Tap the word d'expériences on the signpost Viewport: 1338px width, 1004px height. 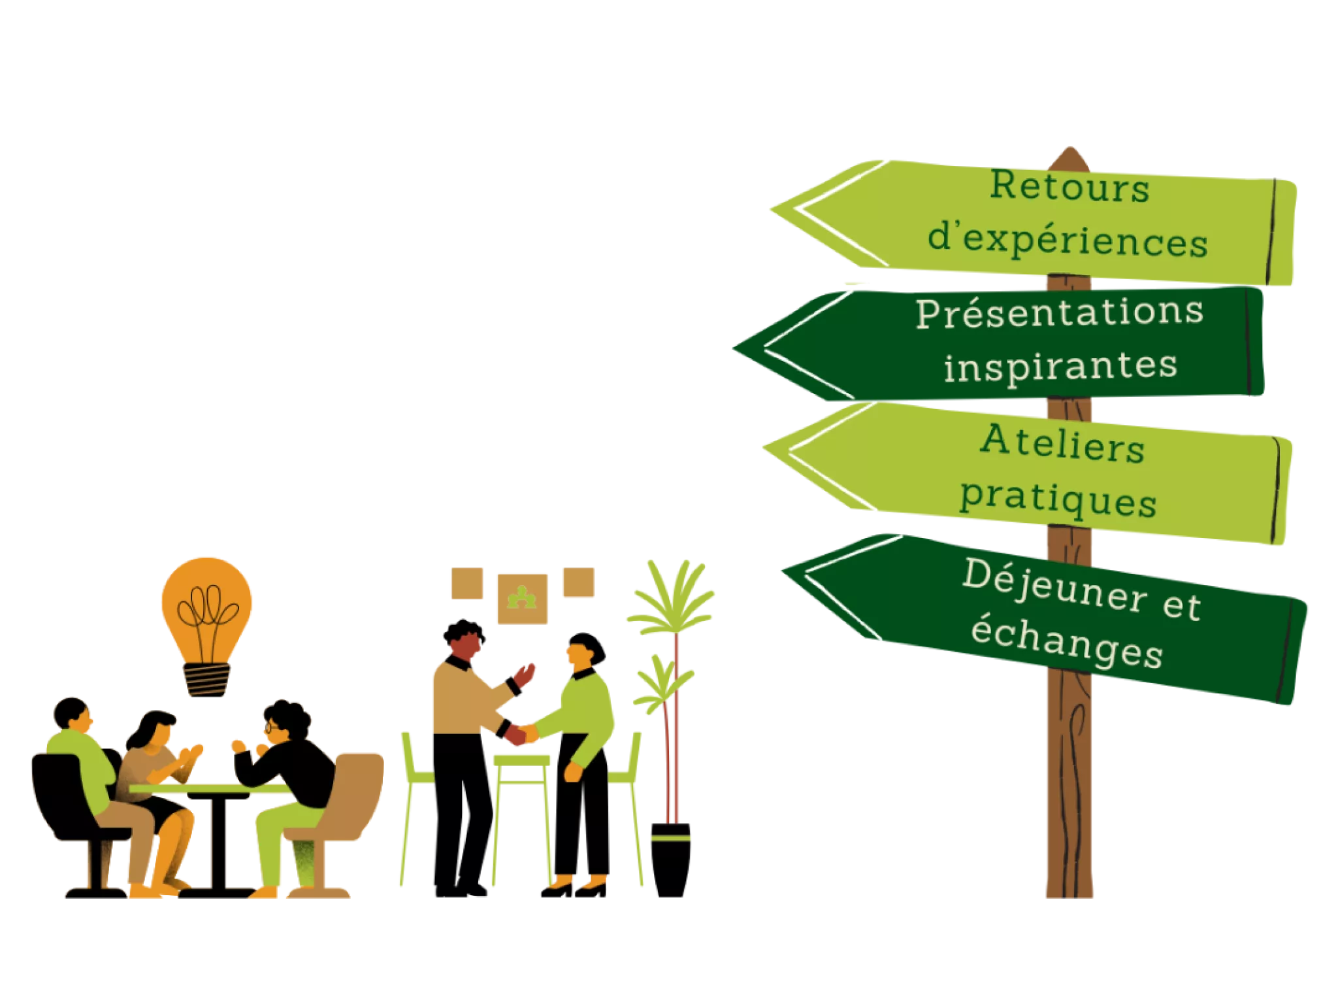pyautogui.click(x=1068, y=241)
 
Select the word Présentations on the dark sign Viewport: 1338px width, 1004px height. pyautogui.click(x=1059, y=313)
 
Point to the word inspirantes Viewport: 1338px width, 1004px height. pyautogui.click(x=1060, y=366)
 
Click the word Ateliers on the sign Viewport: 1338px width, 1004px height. pyautogui.click(x=1062, y=444)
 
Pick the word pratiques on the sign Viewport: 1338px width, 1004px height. pyautogui.click(x=1058, y=500)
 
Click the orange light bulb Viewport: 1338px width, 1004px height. pyautogui.click(x=207, y=605)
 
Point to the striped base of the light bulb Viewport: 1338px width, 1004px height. pyautogui.click(x=207, y=679)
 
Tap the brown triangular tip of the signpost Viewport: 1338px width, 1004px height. pyautogui.click(x=1069, y=156)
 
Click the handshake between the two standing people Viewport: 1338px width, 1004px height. pyautogui.click(x=519, y=733)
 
